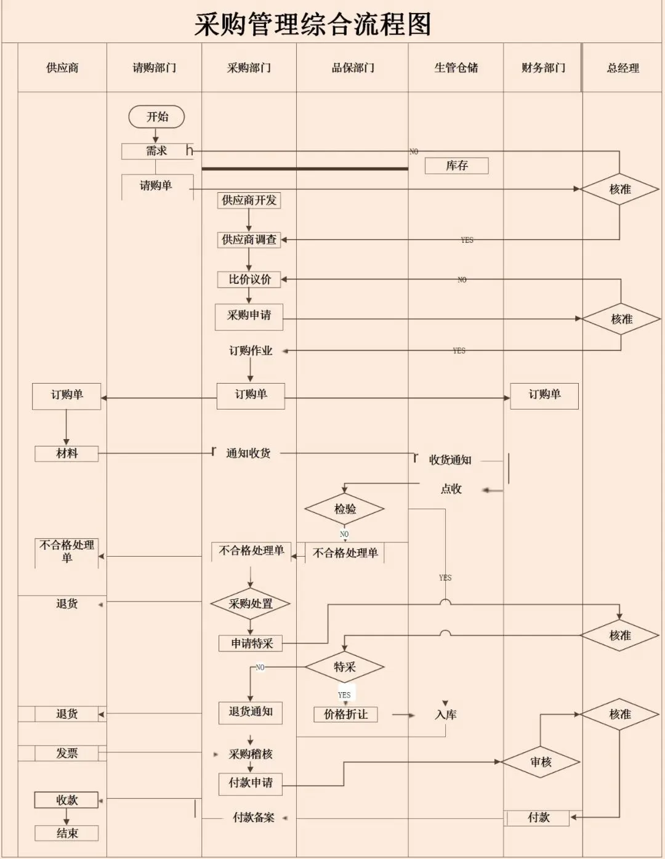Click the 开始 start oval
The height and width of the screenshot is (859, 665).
156,116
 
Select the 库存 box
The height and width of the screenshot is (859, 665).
456,166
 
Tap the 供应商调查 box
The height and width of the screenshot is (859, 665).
249,240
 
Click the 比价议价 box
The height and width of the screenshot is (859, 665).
249,280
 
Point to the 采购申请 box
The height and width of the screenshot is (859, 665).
249,316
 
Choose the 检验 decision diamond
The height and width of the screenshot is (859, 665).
344,509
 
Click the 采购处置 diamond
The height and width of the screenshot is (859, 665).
250,604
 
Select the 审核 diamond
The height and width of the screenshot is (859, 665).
541,762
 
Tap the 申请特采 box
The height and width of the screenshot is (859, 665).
251,643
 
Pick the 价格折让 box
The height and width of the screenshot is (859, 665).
345,714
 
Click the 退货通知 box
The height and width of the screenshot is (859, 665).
251,712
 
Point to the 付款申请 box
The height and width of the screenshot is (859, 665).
251,783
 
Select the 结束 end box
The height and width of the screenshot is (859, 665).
66,834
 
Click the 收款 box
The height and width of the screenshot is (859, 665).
66,800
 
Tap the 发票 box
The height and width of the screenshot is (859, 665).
66,753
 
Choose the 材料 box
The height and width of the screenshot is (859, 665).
66,454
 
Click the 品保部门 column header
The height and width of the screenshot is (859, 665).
353,68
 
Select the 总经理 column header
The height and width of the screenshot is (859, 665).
623,68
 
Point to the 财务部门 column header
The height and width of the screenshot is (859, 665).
542,68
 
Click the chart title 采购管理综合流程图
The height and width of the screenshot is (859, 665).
313,25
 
